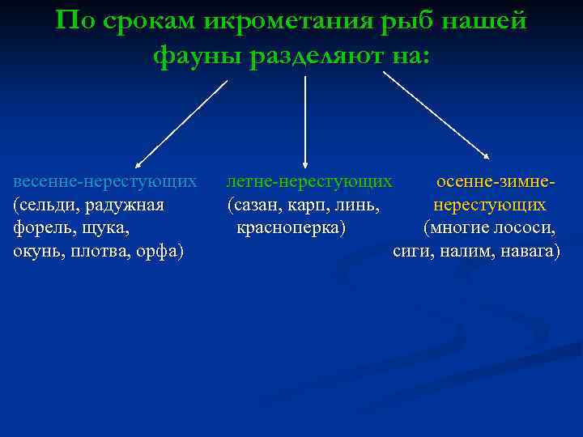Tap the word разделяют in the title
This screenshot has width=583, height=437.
point(318,56)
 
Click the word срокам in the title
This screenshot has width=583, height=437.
point(152,22)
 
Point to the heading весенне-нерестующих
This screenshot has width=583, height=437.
point(105,181)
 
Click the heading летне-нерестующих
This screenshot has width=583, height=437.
point(310,181)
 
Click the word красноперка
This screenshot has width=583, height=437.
point(290,228)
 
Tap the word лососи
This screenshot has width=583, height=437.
point(525,228)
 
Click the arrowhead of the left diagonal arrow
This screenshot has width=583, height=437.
point(138,164)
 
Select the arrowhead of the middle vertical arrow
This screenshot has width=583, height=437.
point(305,164)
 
